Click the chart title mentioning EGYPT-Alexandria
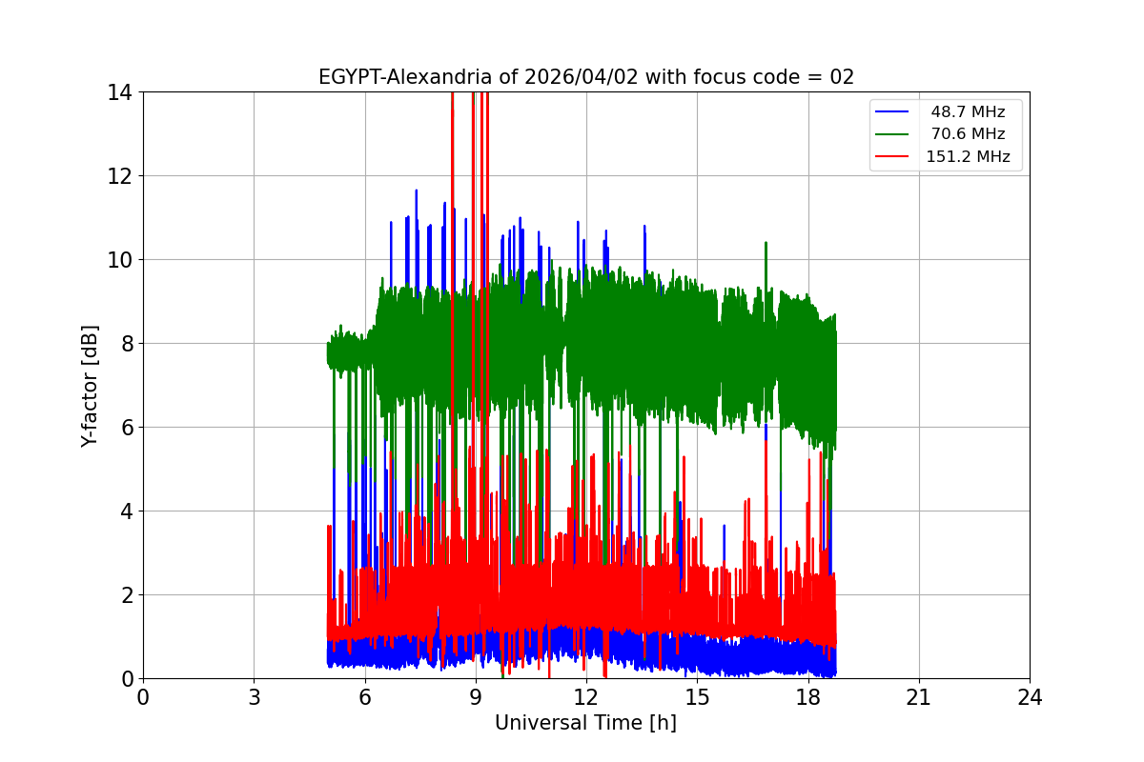(x=585, y=77)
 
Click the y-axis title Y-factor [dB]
(x=90, y=385)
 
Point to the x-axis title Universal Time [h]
(x=585, y=723)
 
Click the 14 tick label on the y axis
(x=120, y=92)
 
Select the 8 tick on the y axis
(x=126, y=344)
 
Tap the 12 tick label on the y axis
(x=120, y=176)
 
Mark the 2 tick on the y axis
(x=126, y=595)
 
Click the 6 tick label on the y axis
(x=126, y=428)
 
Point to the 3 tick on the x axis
(x=254, y=697)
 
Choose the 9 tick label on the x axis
(x=475, y=697)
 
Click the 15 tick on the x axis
(x=697, y=697)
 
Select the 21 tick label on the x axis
(x=918, y=697)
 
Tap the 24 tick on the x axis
(x=1030, y=697)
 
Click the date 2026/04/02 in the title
(x=581, y=77)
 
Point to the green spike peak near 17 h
(x=766, y=243)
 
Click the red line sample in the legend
(x=894, y=157)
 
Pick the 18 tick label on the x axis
(x=807, y=697)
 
